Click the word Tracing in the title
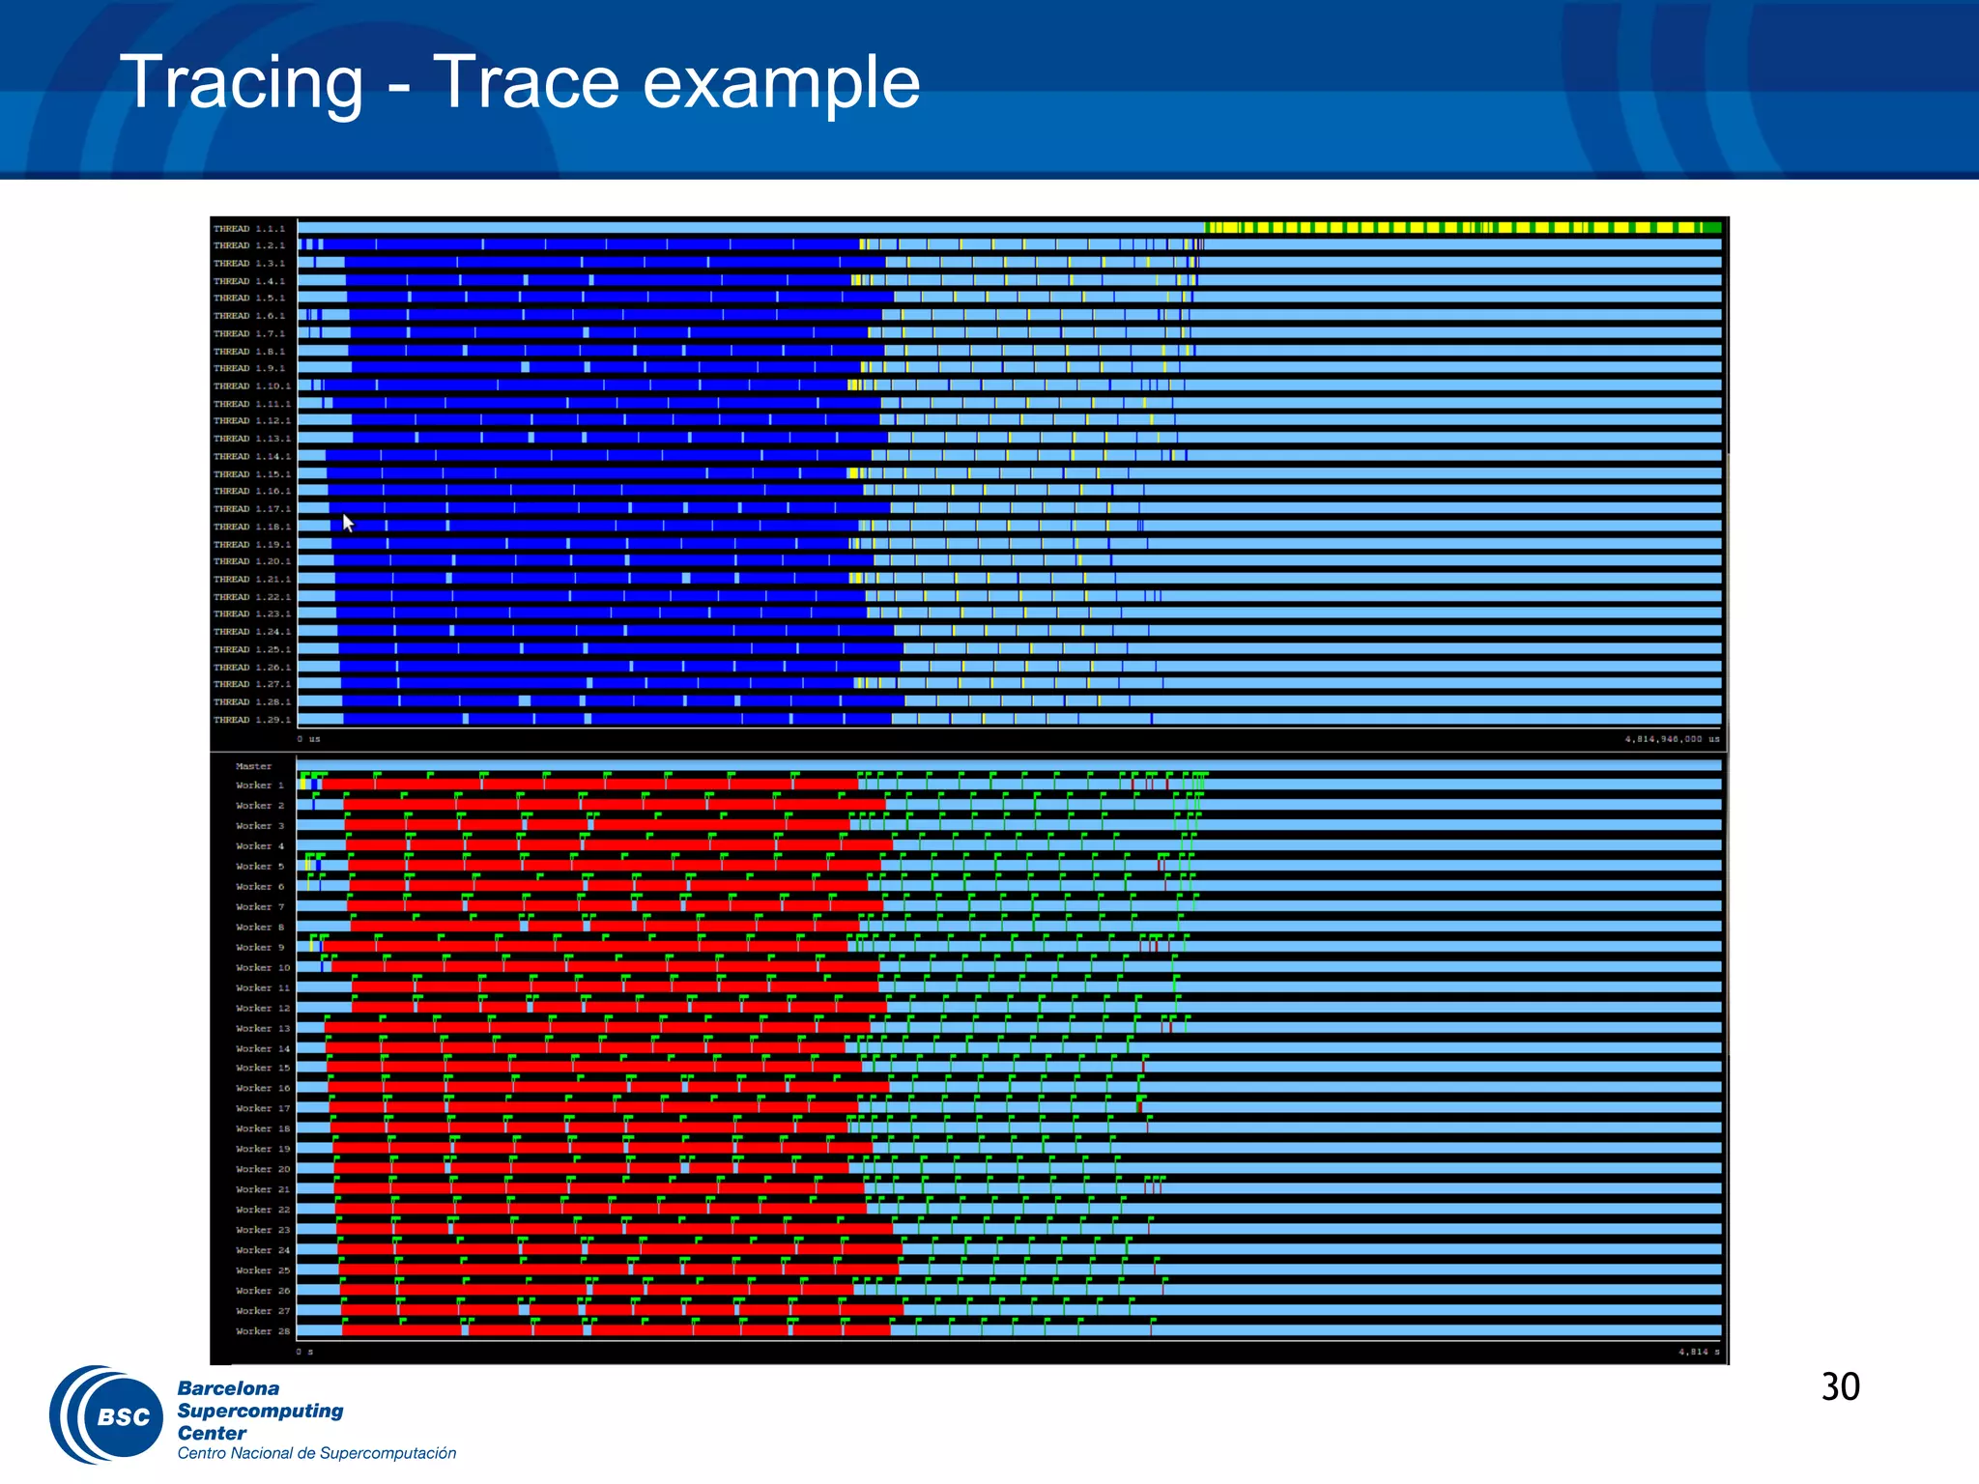click(242, 83)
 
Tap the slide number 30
click(1840, 1386)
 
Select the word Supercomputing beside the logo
click(260, 1411)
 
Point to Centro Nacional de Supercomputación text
click(316, 1453)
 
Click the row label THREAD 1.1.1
click(249, 229)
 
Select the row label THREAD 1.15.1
click(251, 474)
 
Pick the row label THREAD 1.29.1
click(251, 720)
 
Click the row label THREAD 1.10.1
click(251, 386)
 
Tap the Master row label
click(253, 766)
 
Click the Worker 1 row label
click(259, 785)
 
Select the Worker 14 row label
click(262, 1048)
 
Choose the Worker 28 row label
click(262, 1331)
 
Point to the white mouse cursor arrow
click(348, 523)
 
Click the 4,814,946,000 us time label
click(1672, 739)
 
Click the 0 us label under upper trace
click(308, 739)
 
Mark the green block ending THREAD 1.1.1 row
click(1711, 228)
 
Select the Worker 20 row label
click(262, 1169)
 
